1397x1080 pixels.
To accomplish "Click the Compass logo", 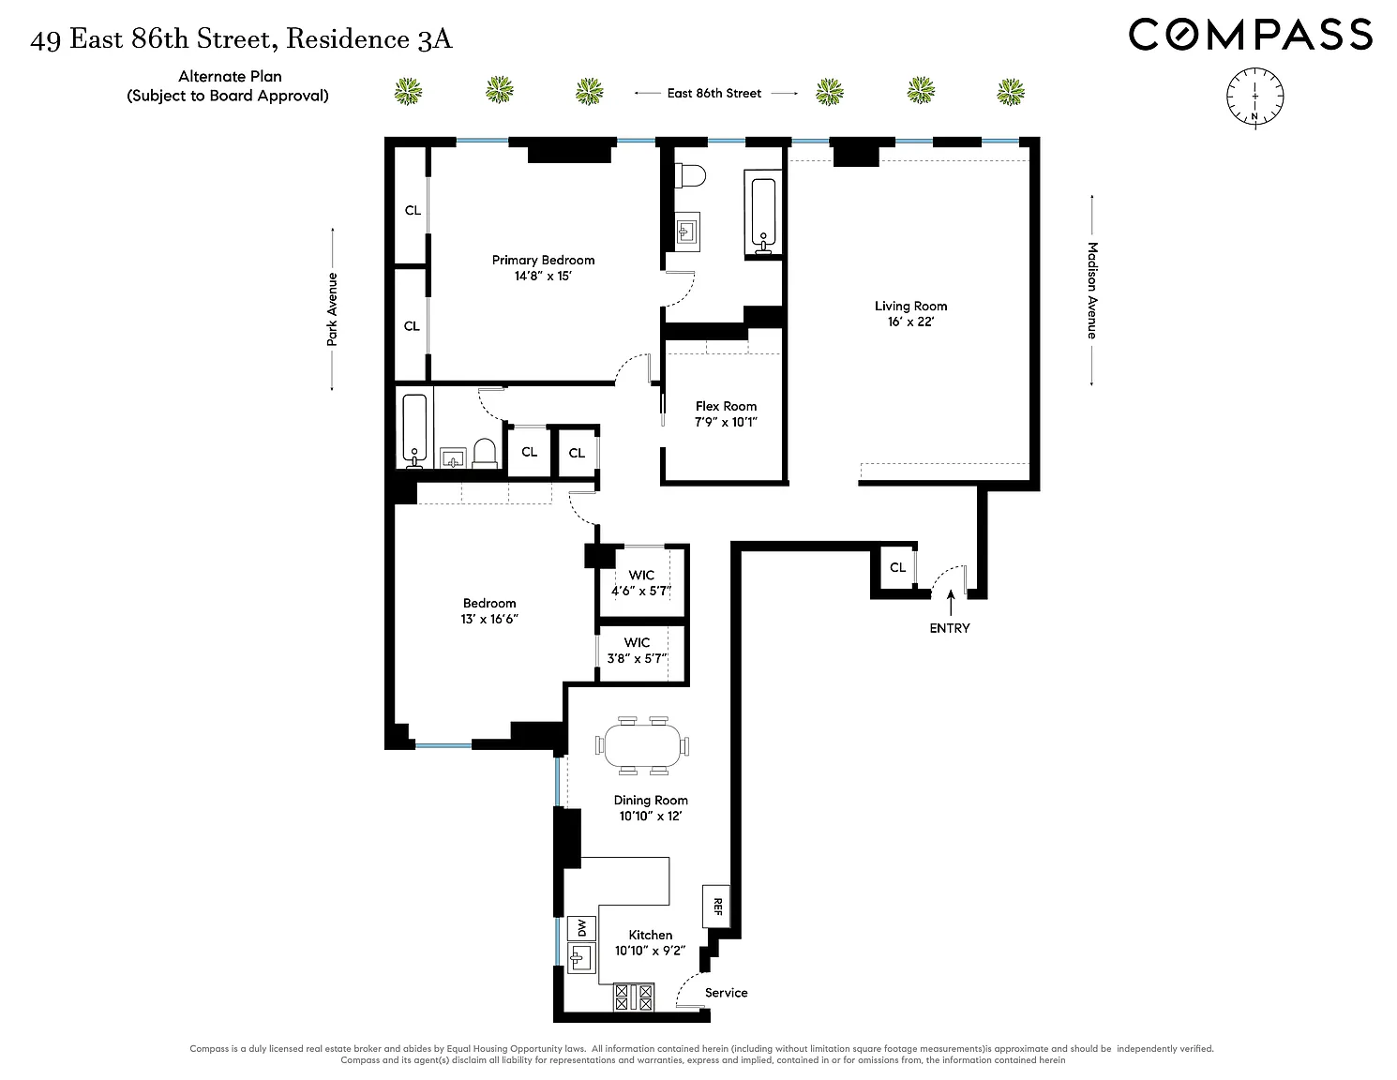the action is click(x=1250, y=36).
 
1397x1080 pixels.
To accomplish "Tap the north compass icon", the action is click(x=1254, y=96).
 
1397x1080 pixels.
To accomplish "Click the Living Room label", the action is click(x=910, y=306).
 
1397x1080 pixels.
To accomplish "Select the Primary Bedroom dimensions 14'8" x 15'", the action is click(x=543, y=277).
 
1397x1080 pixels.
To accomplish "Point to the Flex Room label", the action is click(x=726, y=406).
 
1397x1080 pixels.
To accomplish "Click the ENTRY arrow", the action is click(x=951, y=602).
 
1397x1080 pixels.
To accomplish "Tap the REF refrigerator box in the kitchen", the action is click(x=716, y=907).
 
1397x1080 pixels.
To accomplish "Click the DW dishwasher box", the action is click(x=581, y=928).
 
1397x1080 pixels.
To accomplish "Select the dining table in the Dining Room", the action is click(x=644, y=745).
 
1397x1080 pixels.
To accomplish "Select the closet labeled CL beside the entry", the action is click(x=897, y=567).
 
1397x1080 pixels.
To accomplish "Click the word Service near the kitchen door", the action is click(x=727, y=993).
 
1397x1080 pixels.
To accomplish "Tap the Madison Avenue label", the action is click(x=1092, y=291).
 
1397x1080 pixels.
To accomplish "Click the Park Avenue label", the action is click(x=332, y=309).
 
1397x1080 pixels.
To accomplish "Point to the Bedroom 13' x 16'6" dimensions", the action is click(x=489, y=620).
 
